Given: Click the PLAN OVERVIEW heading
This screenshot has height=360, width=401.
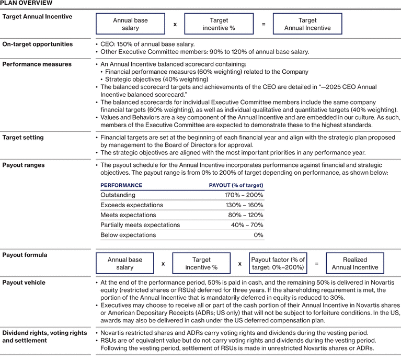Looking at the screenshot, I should coord(26,3).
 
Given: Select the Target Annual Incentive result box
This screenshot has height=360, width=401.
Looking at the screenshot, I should coord(307,24).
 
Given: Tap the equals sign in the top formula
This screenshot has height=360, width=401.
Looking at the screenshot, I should coord(264,24).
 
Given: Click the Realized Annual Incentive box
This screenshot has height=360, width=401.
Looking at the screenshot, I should coord(355,264).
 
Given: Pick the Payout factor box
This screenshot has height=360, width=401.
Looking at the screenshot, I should coord(278,264).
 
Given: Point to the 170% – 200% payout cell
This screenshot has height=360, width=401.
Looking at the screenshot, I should coord(244,195).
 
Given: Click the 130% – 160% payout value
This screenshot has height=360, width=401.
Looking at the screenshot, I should coord(244,205).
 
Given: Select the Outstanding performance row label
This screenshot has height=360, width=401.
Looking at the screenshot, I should coord(118,195).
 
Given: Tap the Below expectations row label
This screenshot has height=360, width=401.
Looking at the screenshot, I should coord(128,235).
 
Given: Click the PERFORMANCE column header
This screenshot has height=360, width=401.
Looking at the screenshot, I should coord(121,185).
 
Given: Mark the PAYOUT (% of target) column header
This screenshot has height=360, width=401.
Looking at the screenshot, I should coord(236,185).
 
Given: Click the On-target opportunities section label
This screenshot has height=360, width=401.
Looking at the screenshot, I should coord(38,44).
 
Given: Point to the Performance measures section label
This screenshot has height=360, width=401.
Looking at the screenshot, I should coord(37,64).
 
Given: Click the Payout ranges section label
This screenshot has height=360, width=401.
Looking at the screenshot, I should coord(25,165).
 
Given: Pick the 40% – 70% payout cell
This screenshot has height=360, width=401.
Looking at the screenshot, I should coord(246,225).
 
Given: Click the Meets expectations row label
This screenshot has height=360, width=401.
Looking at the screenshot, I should coord(128,215).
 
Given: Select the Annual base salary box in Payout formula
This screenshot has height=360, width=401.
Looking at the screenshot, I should coord(125,264).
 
